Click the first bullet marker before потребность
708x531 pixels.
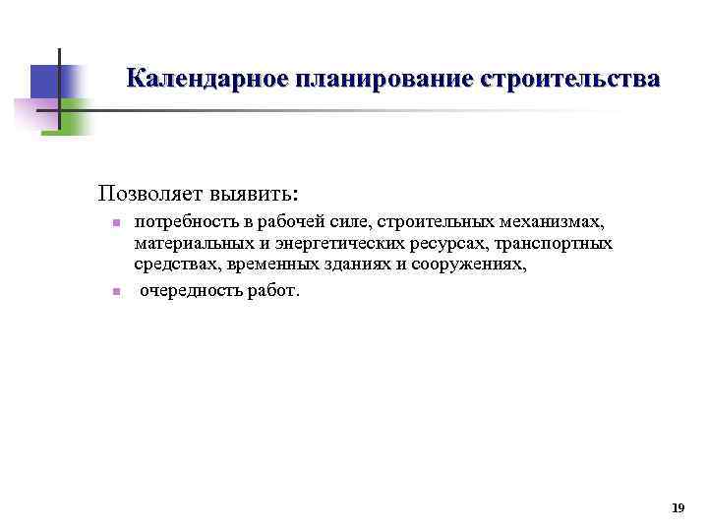(115, 223)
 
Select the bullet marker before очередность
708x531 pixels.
(115, 291)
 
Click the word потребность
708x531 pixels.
(178, 221)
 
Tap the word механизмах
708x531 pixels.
(553, 221)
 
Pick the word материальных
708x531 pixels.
(183, 243)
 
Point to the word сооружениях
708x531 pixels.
(470, 265)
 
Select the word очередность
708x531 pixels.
(187, 291)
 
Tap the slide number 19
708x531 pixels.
(677, 508)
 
